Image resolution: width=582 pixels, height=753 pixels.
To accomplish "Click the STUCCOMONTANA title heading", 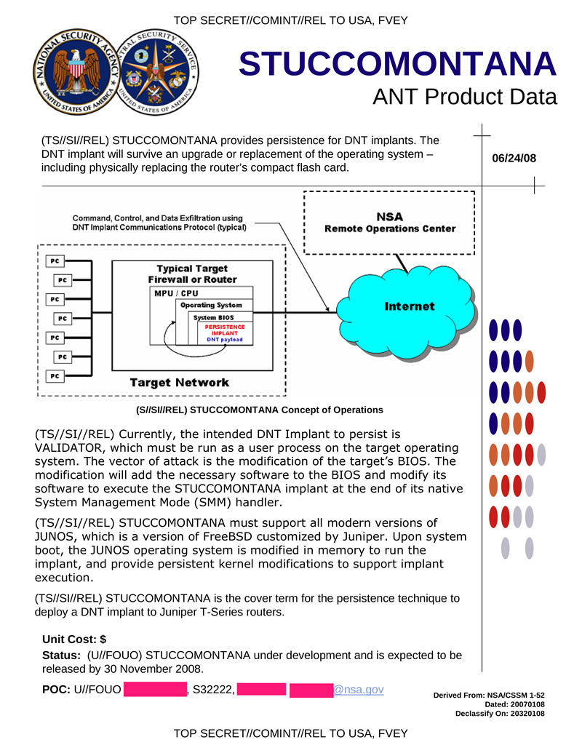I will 397,65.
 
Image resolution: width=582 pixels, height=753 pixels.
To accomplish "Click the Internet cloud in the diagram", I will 409,306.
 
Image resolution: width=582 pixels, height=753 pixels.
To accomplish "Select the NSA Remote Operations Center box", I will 389,223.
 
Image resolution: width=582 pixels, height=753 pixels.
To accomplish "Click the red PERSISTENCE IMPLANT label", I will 225,330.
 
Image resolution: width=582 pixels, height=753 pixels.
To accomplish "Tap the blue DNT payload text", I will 225,340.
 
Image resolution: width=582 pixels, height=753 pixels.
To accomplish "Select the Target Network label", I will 179,382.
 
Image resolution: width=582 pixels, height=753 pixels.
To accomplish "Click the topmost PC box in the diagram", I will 55,260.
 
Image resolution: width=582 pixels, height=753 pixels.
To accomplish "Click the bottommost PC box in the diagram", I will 55,375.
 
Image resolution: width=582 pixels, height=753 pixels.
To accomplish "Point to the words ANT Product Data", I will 464,97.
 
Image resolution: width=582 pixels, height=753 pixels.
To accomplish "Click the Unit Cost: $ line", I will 74,640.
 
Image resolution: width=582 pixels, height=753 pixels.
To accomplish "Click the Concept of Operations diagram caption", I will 255,410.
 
